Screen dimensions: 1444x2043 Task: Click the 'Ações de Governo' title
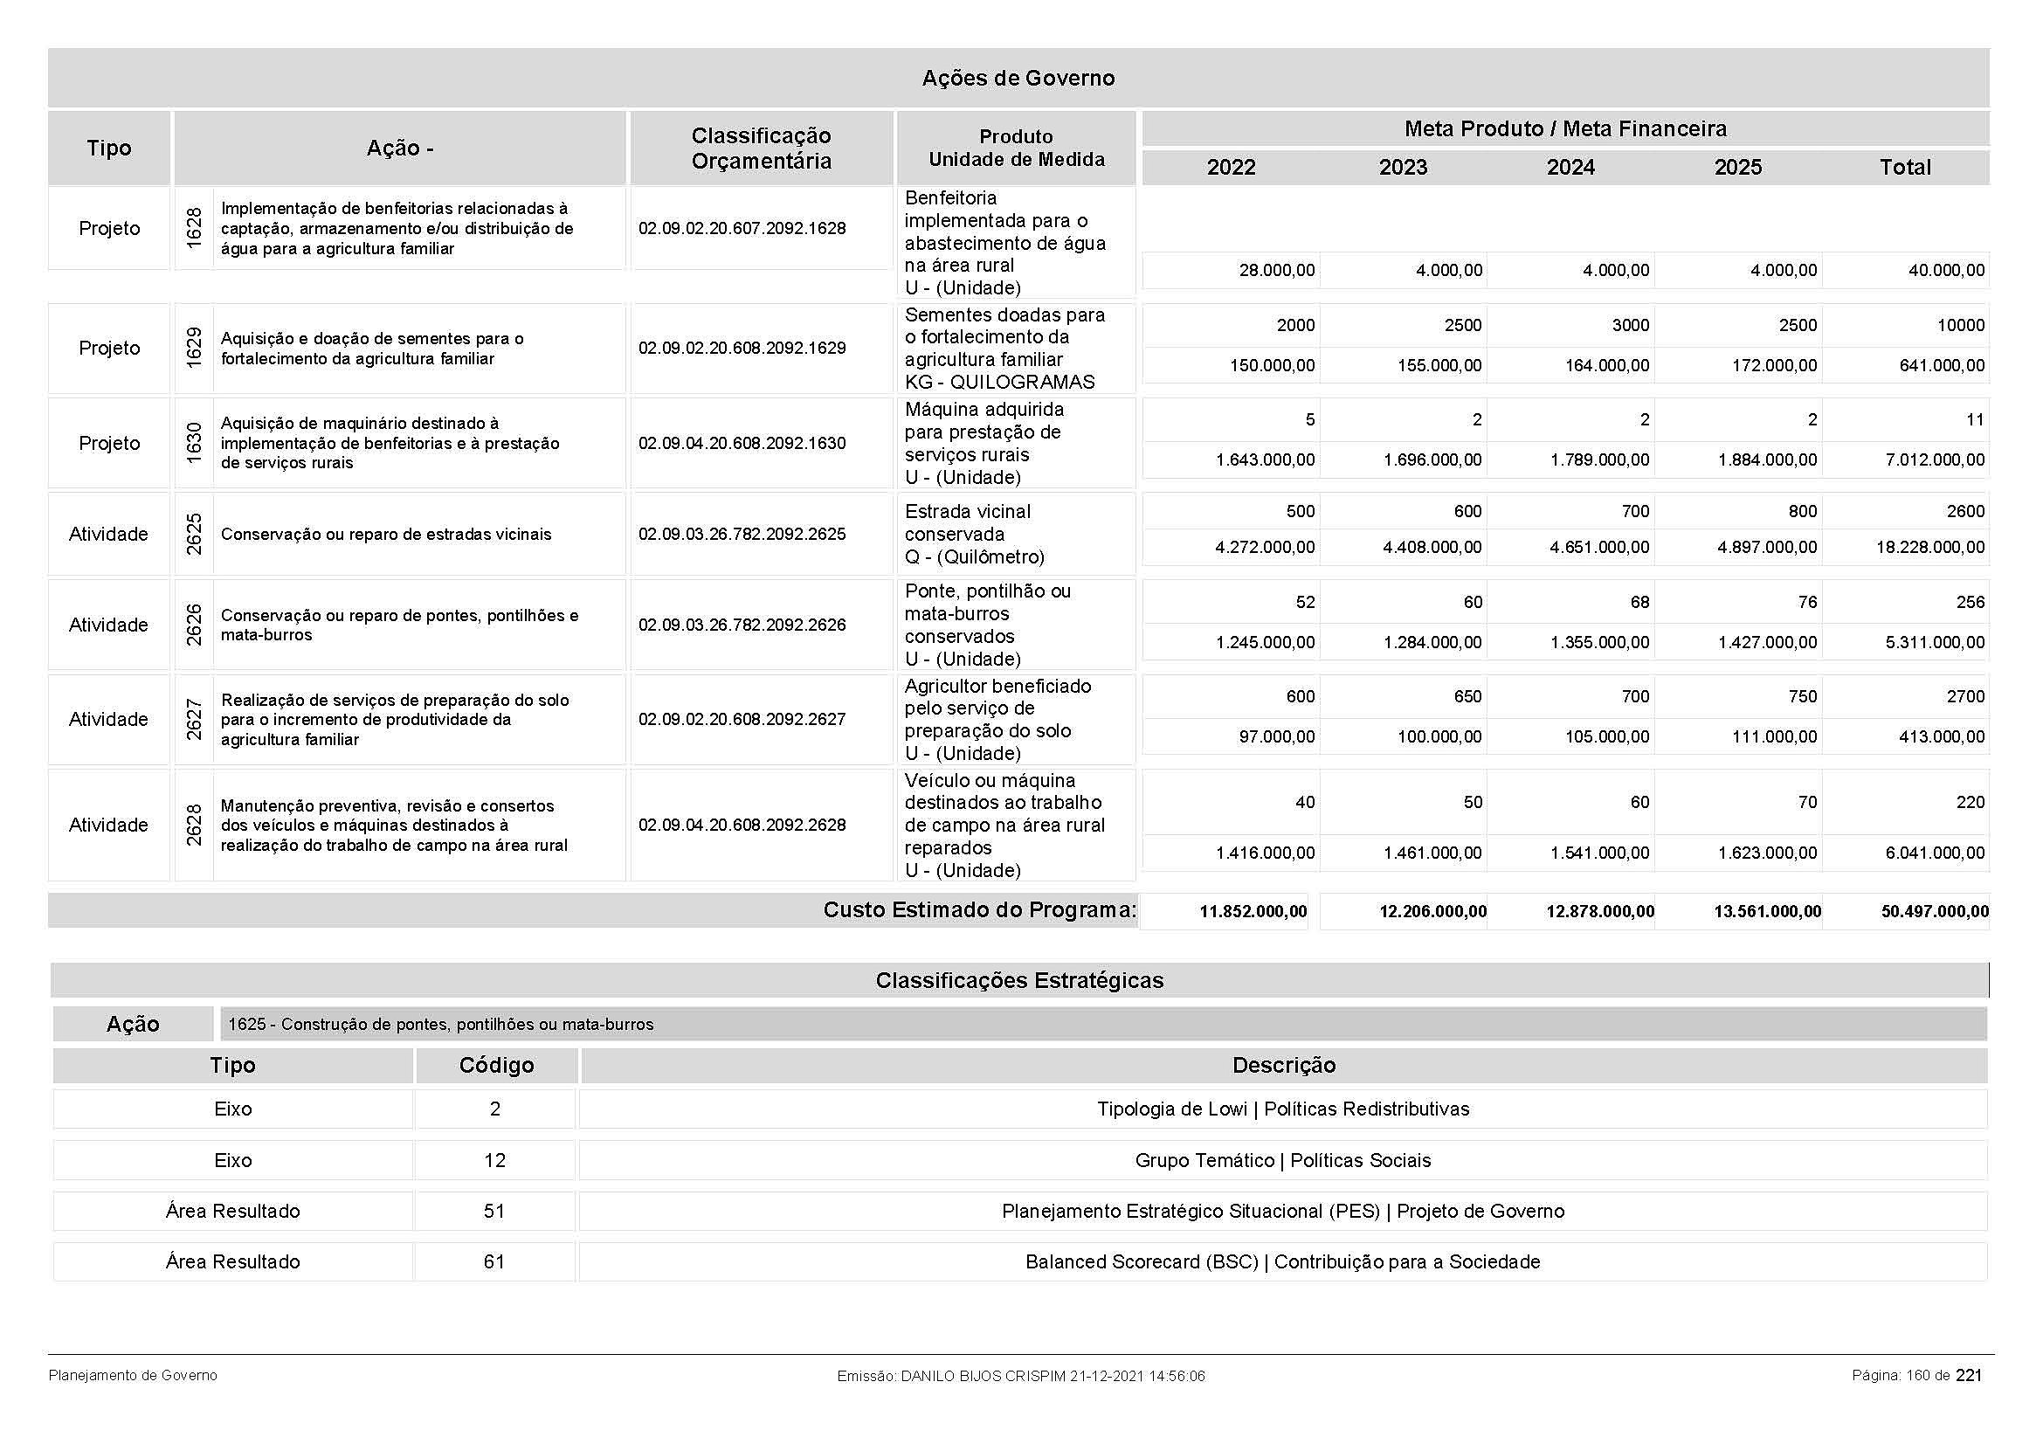(1018, 79)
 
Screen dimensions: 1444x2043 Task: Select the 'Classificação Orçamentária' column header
(761, 149)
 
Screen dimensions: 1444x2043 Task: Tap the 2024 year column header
(1570, 167)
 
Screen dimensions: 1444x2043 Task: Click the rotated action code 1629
(194, 348)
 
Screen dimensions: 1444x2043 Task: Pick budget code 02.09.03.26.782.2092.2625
(742, 535)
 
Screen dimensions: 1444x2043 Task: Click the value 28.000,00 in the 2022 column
(1277, 271)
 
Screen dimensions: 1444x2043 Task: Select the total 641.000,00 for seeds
(1942, 366)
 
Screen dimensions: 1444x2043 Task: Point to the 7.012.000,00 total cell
(1935, 460)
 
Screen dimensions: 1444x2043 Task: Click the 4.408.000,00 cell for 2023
(1432, 547)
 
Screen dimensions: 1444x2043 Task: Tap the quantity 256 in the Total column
(1969, 603)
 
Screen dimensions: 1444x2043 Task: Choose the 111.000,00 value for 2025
(1773, 736)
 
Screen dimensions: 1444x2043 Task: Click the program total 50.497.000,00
(1935, 911)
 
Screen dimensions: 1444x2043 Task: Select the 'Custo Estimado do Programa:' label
(979, 910)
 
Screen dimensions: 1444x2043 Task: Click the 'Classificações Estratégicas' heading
(1018, 980)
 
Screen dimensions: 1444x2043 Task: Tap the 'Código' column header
(495, 1066)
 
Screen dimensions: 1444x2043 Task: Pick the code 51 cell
(493, 1211)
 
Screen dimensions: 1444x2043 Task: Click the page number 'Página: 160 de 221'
(1916, 1376)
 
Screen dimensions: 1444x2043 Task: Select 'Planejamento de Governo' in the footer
(133, 1376)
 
